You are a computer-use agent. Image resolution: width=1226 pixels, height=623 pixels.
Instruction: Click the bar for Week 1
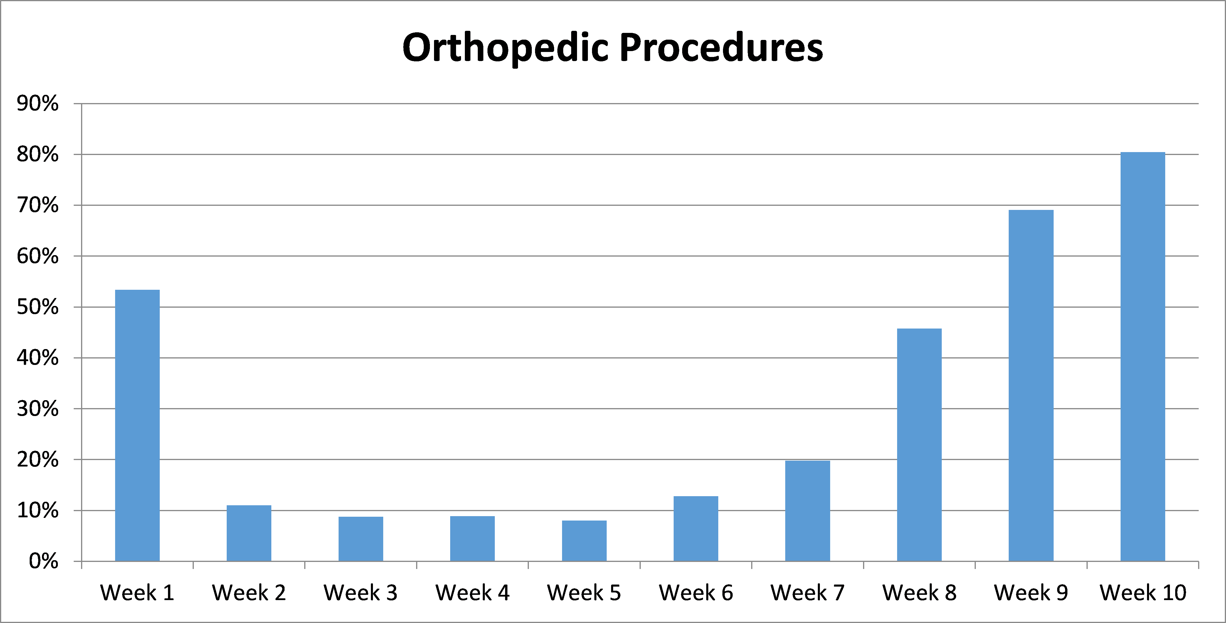pyautogui.click(x=137, y=425)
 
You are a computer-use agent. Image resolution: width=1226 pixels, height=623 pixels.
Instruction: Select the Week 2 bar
pyautogui.click(x=249, y=533)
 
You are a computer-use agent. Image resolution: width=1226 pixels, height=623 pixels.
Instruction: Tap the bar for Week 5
pyautogui.click(x=584, y=541)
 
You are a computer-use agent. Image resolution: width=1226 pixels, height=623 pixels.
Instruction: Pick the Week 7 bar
pyautogui.click(x=808, y=511)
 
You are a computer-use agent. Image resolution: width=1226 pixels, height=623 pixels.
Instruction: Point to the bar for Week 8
pyautogui.click(x=919, y=445)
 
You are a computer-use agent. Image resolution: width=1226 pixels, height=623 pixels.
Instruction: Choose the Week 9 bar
pyautogui.click(x=1031, y=385)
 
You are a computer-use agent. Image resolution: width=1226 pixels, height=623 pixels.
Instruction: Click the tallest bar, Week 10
pyautogui.click(x=1143, y=357)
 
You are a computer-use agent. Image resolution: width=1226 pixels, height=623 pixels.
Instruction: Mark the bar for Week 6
pyautogui.click(x=696, y=529)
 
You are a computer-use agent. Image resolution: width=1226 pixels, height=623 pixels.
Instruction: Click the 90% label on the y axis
pyautogui.click(x=38, y=103)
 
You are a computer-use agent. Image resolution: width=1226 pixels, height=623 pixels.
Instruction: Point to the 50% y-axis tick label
pyautogui.click(x=38, y=307)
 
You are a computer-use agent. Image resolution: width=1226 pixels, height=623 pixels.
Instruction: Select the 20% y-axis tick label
pyautogui.click(x=38, y=460)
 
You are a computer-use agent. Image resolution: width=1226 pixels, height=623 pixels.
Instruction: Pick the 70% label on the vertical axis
pyautogui.click(x=38, y=205)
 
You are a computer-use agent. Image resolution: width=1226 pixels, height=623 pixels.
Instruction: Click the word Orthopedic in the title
pyautogui.click(x=505, y=48)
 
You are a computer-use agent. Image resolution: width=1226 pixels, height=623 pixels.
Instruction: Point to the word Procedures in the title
pyautogui.click(x=721, y=48)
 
